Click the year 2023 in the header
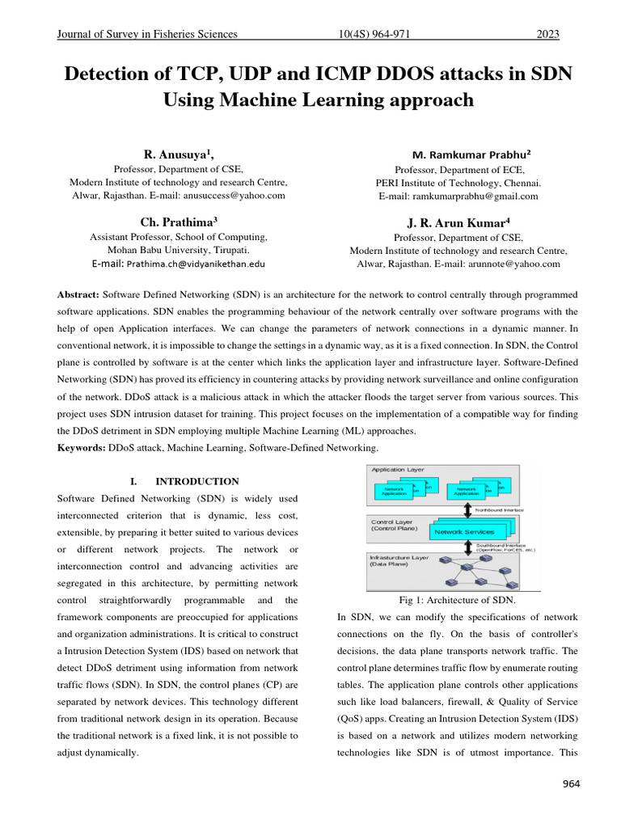point(548,34)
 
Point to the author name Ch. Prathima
point(177,221)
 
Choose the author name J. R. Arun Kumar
point(458,222)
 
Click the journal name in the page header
point(146,34)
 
